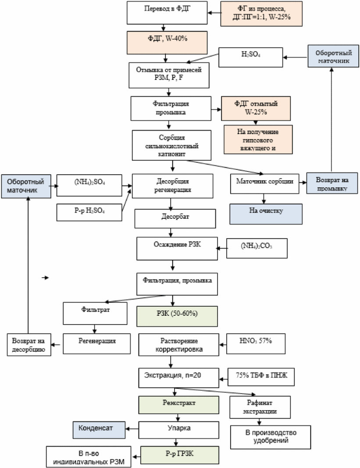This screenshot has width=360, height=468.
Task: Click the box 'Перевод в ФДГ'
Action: click(167, 13)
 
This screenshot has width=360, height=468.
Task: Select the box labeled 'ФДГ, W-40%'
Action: click(167, 43)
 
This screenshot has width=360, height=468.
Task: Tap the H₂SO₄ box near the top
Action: click(250, 57)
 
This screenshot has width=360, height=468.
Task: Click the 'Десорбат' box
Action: click(175, 219)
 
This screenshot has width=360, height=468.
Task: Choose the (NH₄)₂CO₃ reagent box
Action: click(257, 248)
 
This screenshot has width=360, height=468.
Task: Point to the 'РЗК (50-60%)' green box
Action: click(177, 316)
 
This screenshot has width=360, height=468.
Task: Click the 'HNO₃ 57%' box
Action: click(256, 344)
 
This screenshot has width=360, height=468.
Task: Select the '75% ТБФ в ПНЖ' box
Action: click(261, 377)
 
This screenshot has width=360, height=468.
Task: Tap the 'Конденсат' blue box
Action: click(99, 430)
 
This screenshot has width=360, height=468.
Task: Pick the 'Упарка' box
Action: click(178, 430)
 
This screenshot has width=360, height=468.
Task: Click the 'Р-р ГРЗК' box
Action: click(180, 455)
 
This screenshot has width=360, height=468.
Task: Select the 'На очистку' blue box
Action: click(266, 214)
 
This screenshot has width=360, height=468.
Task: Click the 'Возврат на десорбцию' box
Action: click(29, 345)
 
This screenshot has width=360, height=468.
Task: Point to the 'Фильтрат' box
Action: click(95, 314)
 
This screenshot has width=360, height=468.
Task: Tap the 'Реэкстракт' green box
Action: click(178, 405)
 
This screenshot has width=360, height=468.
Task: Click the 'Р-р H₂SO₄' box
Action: click(89, 212)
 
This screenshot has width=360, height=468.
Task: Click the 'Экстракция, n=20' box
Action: click(178, 378)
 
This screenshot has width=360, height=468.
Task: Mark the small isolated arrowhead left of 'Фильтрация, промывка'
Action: click(45, 278)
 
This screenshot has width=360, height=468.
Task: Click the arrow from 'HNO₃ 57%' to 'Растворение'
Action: click(223, 345)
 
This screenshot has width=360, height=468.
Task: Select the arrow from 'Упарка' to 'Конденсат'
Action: click(132, 429)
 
